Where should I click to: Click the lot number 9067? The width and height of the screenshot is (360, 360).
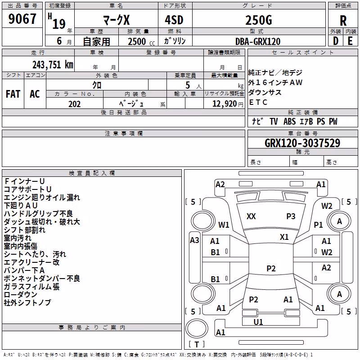click(22, 19)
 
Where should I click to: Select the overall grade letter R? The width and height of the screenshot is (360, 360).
click(343, 21)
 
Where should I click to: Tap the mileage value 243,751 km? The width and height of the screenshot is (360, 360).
click(53, 65)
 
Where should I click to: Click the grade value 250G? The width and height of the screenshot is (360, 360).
click(259, 20)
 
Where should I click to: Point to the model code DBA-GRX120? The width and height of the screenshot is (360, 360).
click(258, 41)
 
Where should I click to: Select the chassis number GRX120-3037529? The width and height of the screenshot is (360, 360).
click(302, 143)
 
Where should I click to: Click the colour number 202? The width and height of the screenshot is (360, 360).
click(74, 104)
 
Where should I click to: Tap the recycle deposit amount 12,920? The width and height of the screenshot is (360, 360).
click(225, 104)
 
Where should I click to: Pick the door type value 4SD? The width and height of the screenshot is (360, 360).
click(174, 20)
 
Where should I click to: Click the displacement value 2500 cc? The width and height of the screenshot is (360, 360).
click(141, 41)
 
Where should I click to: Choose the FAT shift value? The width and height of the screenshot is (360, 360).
click(13, 94)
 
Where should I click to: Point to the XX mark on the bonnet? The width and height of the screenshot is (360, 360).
click(251, 216)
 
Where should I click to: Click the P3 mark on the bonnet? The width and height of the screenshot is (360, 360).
click(291, 216)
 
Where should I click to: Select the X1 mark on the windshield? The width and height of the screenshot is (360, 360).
click(284, 237)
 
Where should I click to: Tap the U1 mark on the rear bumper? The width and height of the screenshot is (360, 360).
click(258, 322)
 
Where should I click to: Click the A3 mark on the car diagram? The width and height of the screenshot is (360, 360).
click(194, 240)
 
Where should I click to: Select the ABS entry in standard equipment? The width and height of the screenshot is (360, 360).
click(289, 121)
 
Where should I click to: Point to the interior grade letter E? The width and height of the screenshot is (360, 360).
click(351, 41)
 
